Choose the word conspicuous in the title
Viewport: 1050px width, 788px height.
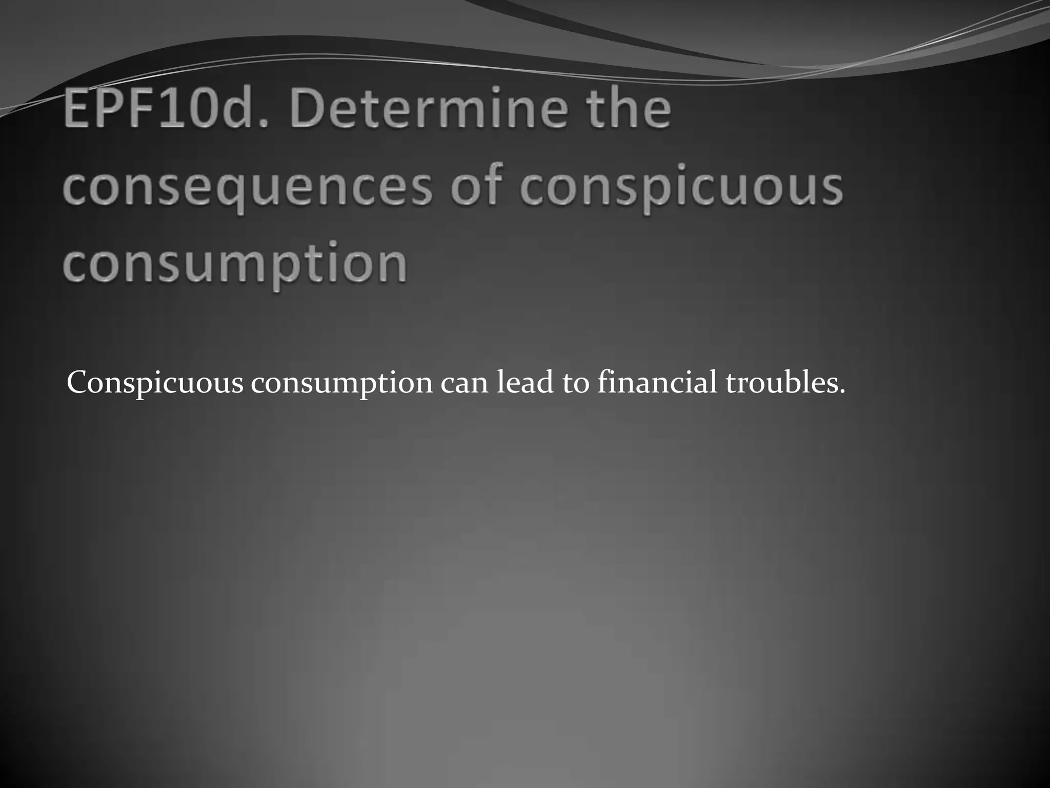point(681,188)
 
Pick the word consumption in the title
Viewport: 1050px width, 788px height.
point(235,266)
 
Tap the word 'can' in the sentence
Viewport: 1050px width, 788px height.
point(465,384)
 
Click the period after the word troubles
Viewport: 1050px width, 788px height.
point(842,392)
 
